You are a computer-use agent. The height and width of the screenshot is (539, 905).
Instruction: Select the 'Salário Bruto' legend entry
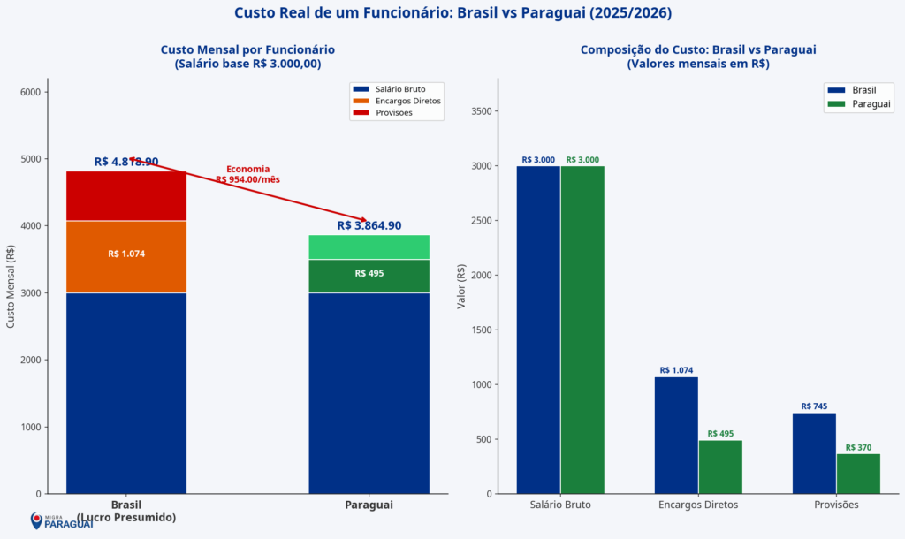[x=397, y=89]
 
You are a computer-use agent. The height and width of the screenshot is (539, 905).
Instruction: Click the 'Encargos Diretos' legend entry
[x=397, y=101]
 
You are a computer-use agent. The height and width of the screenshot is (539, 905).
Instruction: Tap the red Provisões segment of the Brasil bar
[x=126, y=196]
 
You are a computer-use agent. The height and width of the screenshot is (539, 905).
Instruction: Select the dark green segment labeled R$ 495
[x=369, y=276]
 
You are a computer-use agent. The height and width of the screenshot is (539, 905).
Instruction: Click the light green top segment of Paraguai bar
[x=369, y=247]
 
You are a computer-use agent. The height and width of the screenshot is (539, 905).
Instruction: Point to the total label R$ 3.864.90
[x=369, y=225]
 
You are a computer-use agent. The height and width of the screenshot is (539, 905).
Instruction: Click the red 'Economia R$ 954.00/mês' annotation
[x=247, y=174]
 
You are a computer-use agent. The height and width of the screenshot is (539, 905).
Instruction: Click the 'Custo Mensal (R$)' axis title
[x=11, y=287]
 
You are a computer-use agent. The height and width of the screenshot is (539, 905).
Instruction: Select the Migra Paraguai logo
[x=62, y=521]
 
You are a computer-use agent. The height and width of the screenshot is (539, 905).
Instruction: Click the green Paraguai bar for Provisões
[x=858, y=474]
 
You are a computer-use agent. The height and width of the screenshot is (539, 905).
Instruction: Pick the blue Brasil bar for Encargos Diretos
[x=676, y=436]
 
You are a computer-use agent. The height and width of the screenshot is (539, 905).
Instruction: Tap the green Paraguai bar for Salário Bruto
[x=582, y=330]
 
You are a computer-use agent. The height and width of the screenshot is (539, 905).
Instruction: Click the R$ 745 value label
[x=814, y=406]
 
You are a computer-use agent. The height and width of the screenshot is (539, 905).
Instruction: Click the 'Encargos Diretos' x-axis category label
[x=698, y=505]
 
